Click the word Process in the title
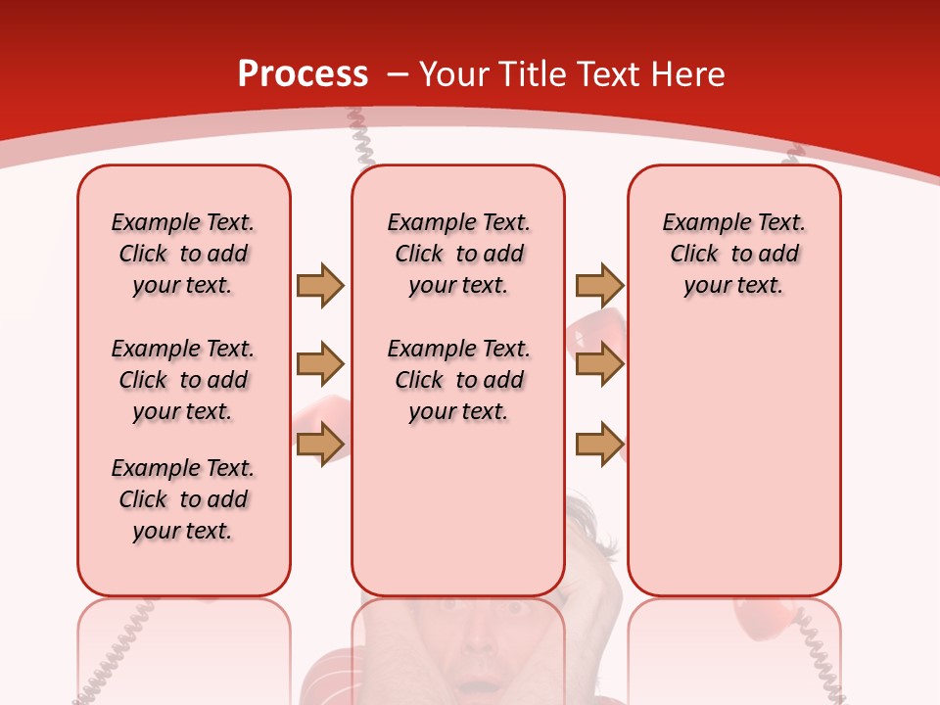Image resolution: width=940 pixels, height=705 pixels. click(303, 74)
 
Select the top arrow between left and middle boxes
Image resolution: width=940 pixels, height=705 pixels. click(320, 285)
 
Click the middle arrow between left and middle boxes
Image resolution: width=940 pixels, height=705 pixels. click(320, 364)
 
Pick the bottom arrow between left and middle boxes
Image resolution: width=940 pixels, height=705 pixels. click(320, 444)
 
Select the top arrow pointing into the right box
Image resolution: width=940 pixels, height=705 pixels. click(599, 285)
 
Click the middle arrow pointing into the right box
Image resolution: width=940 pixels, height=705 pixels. click(599, 364)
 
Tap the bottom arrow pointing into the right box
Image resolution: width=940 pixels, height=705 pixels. click(599, 444)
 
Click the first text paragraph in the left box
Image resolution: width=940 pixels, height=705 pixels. click(183, 254)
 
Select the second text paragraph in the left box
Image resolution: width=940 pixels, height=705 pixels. click(183, 380)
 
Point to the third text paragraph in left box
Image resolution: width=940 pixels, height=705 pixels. click(183, 499)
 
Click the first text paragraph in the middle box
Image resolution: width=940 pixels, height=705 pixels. click(459, 254)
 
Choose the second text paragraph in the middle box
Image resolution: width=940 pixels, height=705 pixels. click(459, 380)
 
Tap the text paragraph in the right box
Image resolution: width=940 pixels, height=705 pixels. click(734, 254)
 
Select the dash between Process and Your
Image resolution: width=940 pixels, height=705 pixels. click(399, 74)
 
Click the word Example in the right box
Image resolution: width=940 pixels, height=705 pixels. click(697, 223)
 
